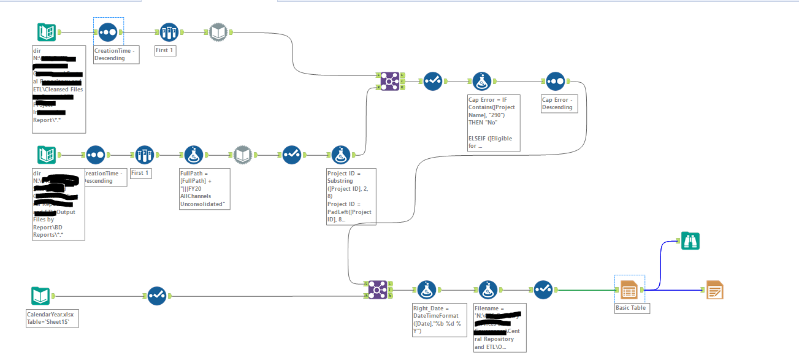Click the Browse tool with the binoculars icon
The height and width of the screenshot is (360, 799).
(690, 242)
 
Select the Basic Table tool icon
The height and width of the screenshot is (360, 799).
(629, 289)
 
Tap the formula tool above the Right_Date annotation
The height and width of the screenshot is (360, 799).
(426, 289)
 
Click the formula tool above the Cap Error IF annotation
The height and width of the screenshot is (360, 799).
(481, 82)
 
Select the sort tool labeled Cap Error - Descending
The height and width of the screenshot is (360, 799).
(555, 82)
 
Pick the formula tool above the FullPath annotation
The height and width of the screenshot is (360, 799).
(194, 156)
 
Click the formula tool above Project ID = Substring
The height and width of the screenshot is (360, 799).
(340, 156)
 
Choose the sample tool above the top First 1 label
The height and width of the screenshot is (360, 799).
(169, 32)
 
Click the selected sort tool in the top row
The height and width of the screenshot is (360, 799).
(108, 32)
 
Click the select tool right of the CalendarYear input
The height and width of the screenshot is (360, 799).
(156, 297)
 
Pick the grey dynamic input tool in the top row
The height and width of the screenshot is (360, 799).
(218, 32)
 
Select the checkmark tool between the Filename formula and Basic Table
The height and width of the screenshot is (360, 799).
(543, 289)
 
